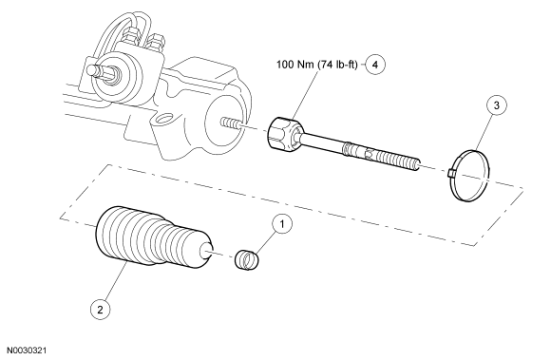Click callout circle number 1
[282, 224]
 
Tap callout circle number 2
[100, 310]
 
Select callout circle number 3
[496, 105]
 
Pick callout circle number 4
[375, 65]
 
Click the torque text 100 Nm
[295, 65]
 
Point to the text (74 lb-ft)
[337, 65]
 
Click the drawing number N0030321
[27, 351]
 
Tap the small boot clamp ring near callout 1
[246, 260]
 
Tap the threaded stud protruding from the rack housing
[231, 123]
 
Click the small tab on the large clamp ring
[452, 173]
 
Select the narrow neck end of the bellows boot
[206, 252]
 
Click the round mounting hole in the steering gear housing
[162, 118]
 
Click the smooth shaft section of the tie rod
[323, 142]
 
